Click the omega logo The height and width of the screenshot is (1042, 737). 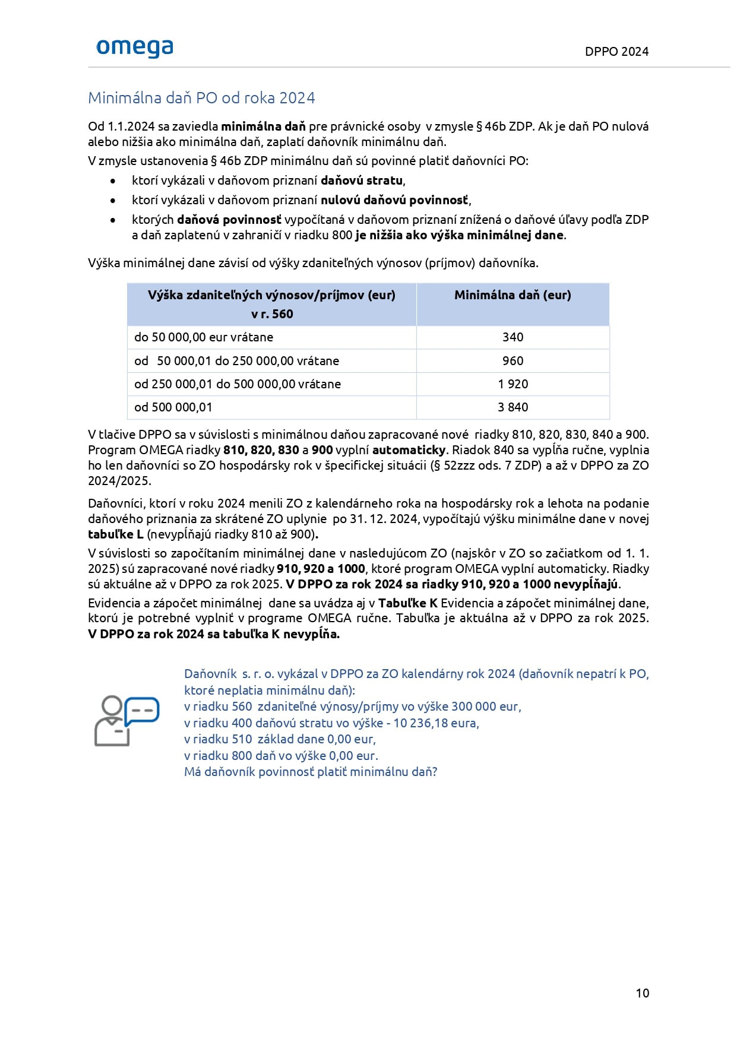[x=134, y=48]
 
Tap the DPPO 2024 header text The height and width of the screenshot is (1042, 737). [x=616, y=52]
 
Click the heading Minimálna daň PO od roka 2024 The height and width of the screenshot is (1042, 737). [x=201, y=98]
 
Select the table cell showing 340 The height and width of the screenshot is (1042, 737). [x=513, y=337]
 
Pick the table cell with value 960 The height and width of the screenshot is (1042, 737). [x=513, y=361]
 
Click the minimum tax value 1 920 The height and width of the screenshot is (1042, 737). [x=513, y=384]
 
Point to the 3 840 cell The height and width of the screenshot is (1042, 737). [x=513, y=407]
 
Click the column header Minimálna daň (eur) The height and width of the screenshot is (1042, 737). [x=513, y=295]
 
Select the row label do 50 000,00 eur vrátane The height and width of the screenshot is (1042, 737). [x=204, y=337]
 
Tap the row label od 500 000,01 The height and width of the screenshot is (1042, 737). [x=173, y=407]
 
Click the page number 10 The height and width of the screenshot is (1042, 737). [x=642, y=993]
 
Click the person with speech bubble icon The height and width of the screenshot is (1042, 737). [x=126, y=721]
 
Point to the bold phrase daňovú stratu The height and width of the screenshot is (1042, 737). [x=362, y=180]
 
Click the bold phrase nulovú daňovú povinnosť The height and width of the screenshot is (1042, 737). [x=394, y=200]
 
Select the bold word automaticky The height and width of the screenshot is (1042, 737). [x=409, y=450]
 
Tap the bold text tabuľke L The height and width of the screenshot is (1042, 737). [x=116, y=534]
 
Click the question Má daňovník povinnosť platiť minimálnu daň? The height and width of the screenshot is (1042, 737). [x=311, y=772]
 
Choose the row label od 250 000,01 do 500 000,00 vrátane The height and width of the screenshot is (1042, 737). [x=238, y=384]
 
